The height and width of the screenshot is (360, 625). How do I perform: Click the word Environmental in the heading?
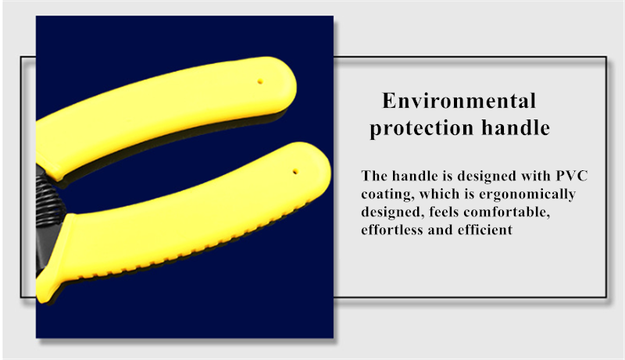point(459,101)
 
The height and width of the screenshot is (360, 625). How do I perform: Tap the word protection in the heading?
point(422,128)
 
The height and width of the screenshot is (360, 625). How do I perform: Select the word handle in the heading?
point(516,127)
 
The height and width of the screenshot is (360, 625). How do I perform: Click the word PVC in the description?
point(572,176)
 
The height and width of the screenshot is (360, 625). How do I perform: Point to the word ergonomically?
point(527,194)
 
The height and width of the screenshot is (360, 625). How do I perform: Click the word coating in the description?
point(387,194)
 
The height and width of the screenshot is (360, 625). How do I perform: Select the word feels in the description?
point(444,212)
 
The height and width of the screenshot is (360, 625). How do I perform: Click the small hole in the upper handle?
point(260,82)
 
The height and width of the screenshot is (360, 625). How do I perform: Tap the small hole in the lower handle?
point(295,172)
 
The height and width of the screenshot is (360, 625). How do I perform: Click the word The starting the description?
point(374,176)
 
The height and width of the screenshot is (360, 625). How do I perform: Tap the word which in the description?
point(439,194)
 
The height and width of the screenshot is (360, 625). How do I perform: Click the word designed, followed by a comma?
point(393,212)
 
